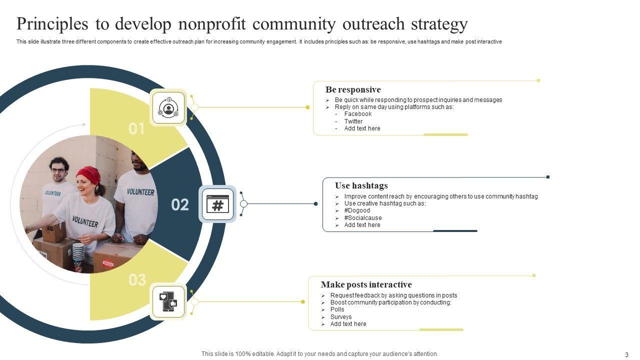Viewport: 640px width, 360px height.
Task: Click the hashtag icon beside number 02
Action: tap(217, 204)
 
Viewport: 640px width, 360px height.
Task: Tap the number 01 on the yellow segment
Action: tap(136, 129)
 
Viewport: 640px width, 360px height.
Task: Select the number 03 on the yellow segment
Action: tap(137, 280)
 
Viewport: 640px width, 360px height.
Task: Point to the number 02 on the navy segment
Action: tap(180, 204)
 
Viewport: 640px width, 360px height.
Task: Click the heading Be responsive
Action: tap(353, 90)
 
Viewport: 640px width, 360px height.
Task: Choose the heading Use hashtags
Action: tap(361, 185)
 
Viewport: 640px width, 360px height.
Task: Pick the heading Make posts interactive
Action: tap(366, 284)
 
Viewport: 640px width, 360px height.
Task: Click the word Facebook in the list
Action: tap(357, 114)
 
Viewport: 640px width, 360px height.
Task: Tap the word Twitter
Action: tap(353, 121)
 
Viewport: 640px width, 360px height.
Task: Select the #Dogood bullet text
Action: tap(357, 210)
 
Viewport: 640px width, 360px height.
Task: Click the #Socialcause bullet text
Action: tap(362, 218)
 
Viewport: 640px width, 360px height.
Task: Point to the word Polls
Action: tap(337, 309)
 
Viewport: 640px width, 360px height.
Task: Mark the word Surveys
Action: tap(340, 317)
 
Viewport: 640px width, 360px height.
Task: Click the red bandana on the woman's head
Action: tap(88, 174)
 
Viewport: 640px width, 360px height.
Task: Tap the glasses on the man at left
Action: tap(58, 170)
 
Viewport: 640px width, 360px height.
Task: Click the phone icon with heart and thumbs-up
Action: tap(168, 302)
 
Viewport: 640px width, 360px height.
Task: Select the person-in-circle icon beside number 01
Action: tap(168, 107)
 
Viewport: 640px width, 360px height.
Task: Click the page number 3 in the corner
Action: tap(626, 354)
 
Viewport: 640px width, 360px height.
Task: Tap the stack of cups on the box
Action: tap(78, 255)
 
